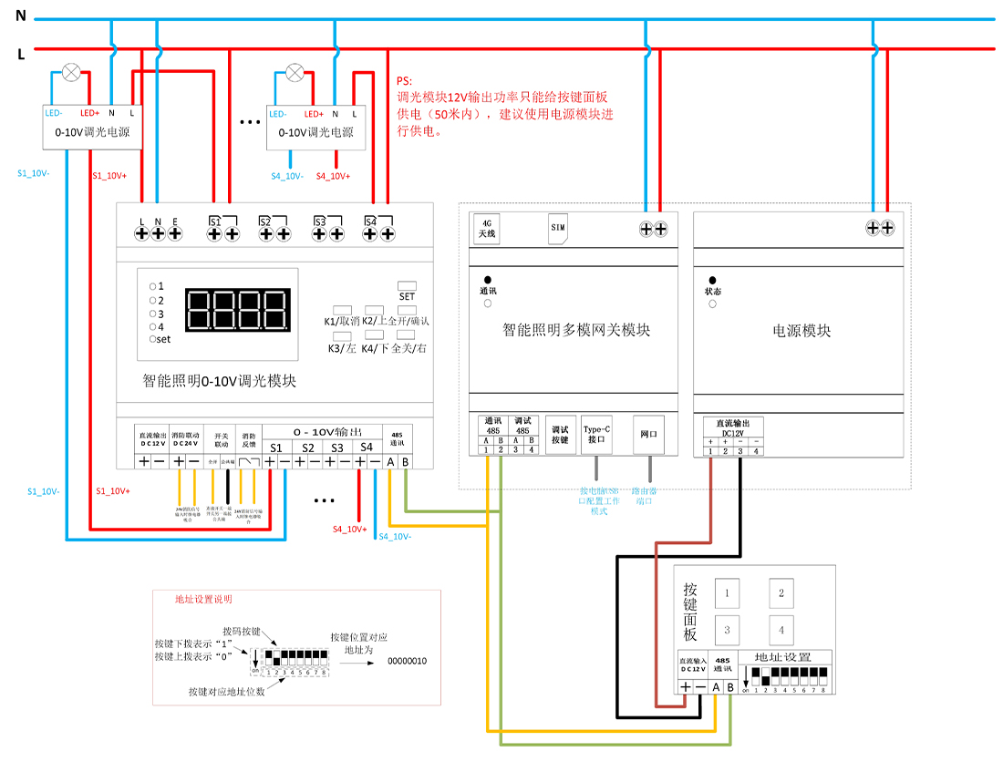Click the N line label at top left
pos(20,15)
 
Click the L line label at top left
pos(20,54)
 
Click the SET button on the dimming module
pos(407,286)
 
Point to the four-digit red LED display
pos(238,311)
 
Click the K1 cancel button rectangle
pos(343,310)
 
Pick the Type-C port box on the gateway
pos(596,433)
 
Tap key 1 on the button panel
pos(727,593)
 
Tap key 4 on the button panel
pos(781,630)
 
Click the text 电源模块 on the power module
pos(801,331)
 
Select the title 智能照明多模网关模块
pos(576,330)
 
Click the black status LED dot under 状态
pos(712,280)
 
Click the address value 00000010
pos(408,660)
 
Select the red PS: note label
pos(404,81)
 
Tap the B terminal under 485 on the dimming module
pos(405,462)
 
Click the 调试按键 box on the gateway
pos(560,434)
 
